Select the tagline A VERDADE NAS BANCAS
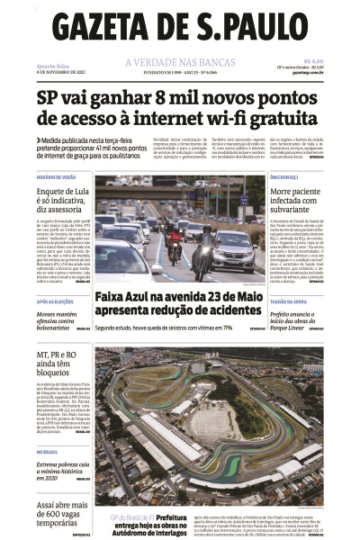click(180, 62)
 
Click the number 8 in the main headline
click(156, 98)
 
